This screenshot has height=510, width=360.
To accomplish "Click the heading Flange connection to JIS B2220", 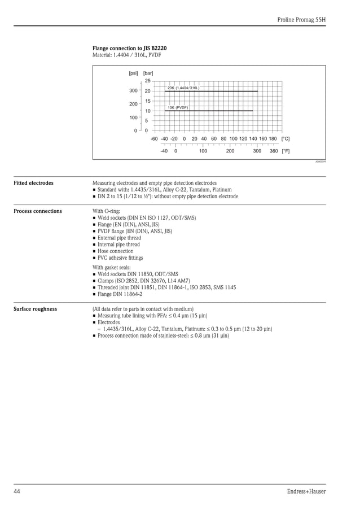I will tap(129, 49).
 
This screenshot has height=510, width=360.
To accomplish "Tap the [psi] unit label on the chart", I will tap(134, 73).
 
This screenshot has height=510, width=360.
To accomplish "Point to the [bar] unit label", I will tap(148, 73).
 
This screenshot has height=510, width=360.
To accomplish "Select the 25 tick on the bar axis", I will tap(147, 81).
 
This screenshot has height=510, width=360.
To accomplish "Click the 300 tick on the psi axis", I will tap(134, 91).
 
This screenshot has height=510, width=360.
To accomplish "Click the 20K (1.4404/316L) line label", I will tap(183, 88).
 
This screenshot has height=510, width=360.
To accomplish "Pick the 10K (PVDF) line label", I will tap(178, 107).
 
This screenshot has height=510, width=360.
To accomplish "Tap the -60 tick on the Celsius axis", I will tap(154, 139).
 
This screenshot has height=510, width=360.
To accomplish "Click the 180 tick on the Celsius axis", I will tap(273, 139).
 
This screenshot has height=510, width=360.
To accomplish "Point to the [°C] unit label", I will tap(286, 139).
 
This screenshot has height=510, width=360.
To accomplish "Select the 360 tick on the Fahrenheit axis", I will tap(274, 151).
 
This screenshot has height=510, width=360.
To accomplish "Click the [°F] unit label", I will tap(286, 151).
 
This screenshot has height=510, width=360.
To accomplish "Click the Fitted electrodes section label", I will tap(34, 183).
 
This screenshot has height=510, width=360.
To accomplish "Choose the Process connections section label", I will tap(38, 211).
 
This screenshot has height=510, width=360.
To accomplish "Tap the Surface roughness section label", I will tap(35, 309).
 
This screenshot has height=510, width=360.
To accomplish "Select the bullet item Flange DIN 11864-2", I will tap(120, 294).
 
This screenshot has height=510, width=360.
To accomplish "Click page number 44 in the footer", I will tap(17, 491).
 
